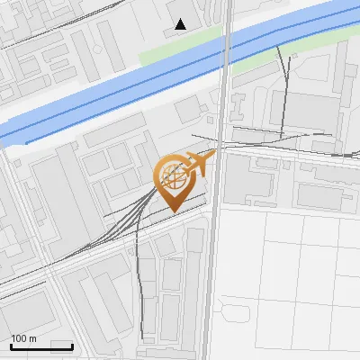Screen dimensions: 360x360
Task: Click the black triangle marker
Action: coord(181,24)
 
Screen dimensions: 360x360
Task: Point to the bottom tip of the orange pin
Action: coord(173,211)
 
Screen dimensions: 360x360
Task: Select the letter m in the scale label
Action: coord(32,338)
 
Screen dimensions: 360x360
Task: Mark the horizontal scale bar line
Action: coord(41,346)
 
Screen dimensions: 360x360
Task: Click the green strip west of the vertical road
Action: coord(180,49)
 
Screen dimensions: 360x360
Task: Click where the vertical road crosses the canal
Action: coord(226,54)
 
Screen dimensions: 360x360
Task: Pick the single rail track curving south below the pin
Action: coord(139,270)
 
